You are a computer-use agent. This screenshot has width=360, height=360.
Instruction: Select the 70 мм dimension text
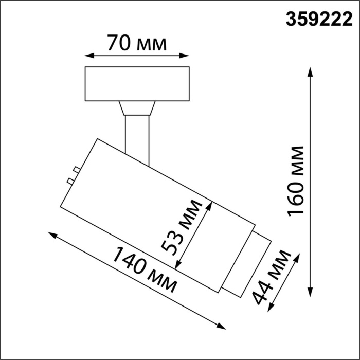(137, 43)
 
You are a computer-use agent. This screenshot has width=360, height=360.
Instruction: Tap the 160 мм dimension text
(297, 181)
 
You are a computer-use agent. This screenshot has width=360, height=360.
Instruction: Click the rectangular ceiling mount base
(137, 83)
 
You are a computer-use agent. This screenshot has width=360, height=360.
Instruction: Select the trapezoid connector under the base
(137, 108)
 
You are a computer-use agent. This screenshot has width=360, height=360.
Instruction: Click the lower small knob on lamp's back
(69, 181)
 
